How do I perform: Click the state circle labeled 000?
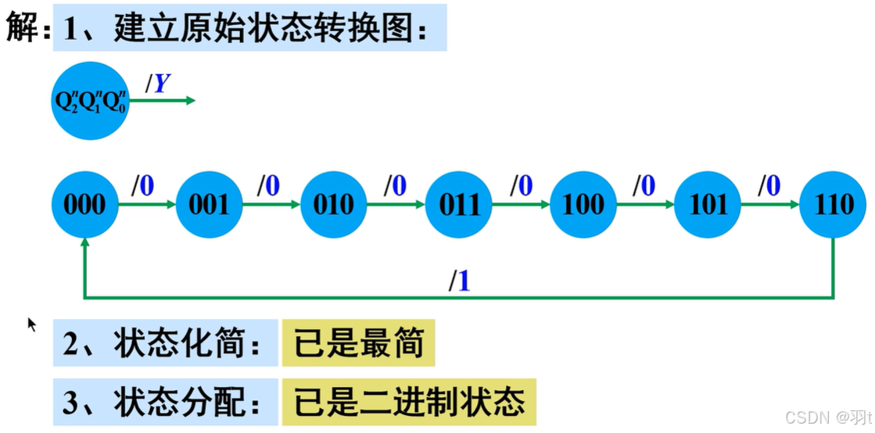[84, 205]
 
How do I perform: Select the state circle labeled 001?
[209, 205]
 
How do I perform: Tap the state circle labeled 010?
[334, 205]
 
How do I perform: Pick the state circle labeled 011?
[459, 205]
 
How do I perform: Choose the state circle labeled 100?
[583, 205]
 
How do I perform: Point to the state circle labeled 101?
[708, 205]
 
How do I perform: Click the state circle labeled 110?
[833, 205]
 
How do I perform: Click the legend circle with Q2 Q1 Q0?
[89, 102]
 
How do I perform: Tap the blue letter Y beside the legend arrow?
[162, 84]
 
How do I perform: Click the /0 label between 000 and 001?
[142, 186]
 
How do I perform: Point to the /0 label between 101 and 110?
[769, 186]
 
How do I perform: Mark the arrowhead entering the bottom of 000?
[84, 243]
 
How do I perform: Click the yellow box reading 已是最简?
[358, 343]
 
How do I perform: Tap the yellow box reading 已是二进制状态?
[409, 403]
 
